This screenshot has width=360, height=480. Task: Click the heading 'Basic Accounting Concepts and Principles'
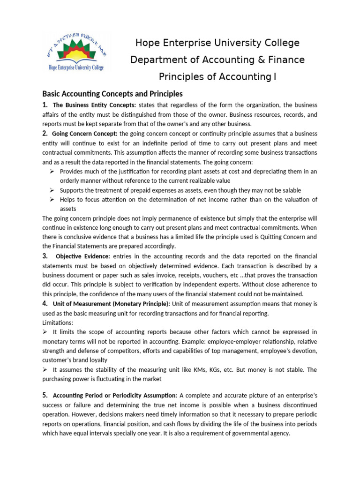[112, 94]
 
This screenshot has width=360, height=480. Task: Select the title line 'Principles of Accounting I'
[217, 77]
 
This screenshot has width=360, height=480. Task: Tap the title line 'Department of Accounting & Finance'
[217, 60]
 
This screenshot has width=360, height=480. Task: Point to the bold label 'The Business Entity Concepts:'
[95, 105]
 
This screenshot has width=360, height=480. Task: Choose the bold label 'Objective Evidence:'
[83, 256]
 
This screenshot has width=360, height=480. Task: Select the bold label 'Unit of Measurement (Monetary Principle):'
[112, 304]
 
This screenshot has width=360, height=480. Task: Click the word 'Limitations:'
[58, 323]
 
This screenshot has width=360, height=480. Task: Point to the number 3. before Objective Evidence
[45, 256]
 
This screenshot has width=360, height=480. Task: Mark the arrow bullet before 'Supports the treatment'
[52, 190]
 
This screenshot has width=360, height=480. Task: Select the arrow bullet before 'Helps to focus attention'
[52, 200]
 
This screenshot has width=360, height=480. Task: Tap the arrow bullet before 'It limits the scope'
[45, 332]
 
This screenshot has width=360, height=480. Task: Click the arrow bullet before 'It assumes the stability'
[45, 370]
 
